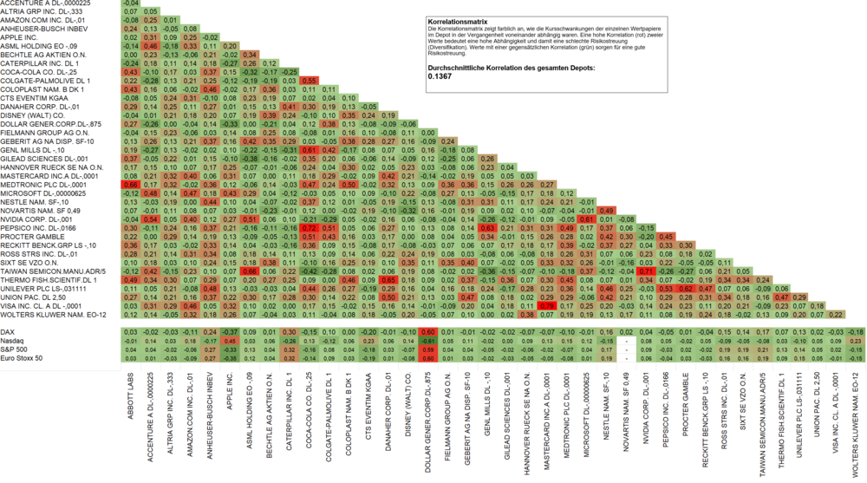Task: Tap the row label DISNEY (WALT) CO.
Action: [x=30, y=114]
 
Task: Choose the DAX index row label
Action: [x=10, y=331]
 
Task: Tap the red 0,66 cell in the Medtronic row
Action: [x=131, y=185]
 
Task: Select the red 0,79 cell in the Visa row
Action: [x=548, y=305]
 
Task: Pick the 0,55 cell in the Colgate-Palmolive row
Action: [x=308, y=80]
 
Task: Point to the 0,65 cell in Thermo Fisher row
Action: [x=388, y=279]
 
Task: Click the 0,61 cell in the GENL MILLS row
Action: [x=308, y=150]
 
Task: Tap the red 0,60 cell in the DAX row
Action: [x=428, y=331]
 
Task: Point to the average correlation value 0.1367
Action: [x=440, y=76]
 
